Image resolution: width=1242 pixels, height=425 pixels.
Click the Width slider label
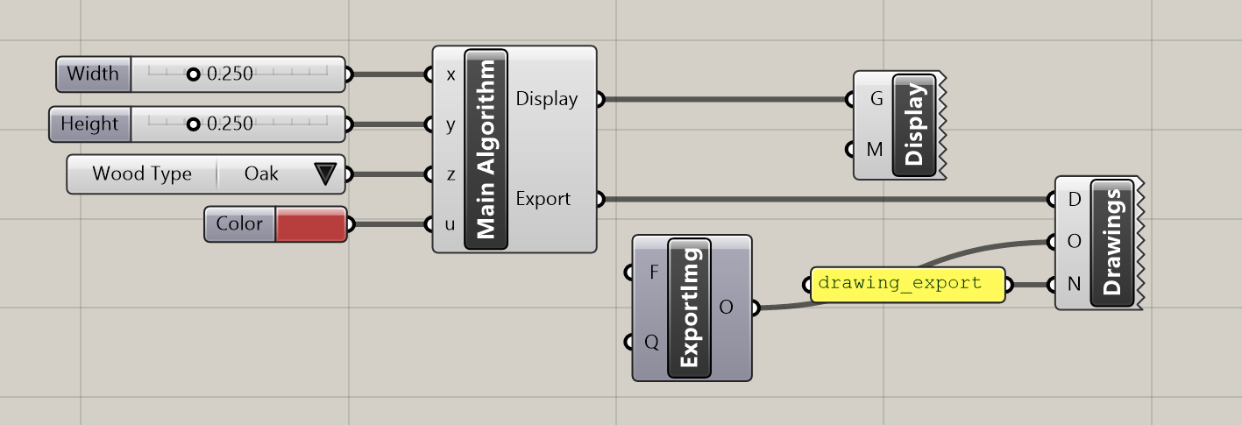click(93, 74)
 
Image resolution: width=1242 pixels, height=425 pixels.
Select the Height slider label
click(89, 124)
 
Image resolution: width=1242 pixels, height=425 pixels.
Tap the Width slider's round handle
click(194, 74)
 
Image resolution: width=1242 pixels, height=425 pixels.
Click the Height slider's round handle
click(194, 124)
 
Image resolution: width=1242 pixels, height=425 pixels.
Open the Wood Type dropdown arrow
click(324, 174)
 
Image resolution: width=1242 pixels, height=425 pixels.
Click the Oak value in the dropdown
click(261, 174)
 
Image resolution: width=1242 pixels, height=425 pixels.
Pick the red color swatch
click(309, 224)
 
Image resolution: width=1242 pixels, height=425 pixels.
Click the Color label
click(239, 224)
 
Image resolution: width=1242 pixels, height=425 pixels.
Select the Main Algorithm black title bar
click(486, 150)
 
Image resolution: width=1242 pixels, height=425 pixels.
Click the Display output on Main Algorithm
click(547, 99)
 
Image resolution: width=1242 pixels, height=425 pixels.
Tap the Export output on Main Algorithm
click(543, 199)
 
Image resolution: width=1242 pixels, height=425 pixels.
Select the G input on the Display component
click(876, 99)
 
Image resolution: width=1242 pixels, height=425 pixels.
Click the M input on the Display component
click(874, 149)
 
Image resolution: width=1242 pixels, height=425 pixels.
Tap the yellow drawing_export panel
click(906, 284)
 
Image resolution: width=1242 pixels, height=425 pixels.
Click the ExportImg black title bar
click(689, 308)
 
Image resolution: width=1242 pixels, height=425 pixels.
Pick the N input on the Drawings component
click(1074, 284)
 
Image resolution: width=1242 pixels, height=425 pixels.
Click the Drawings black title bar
click(1112, 244)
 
